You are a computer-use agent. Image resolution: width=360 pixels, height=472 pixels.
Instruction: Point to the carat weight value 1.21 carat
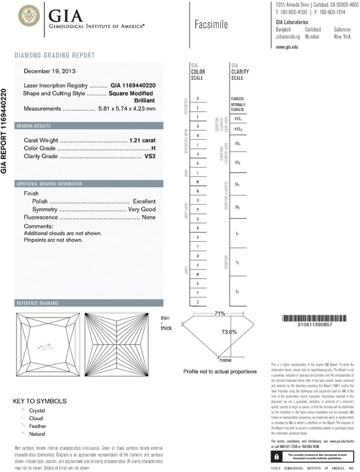click(142, 140)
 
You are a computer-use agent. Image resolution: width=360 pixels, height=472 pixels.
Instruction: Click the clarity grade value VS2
click(149, 157)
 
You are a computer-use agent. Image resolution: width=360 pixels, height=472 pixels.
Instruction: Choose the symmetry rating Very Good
click(141, 209)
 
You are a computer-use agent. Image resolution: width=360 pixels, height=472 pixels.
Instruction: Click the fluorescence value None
click(149, 217)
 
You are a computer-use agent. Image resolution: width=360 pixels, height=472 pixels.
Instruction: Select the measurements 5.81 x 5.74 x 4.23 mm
click(127, 108)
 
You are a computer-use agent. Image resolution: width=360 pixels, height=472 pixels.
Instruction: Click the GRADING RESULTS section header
click(34, 125)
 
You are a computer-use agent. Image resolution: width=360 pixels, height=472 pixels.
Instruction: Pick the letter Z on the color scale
click(198, 302)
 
